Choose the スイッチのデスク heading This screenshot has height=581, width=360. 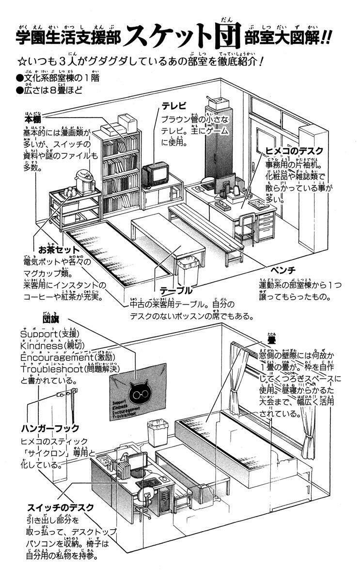coord(60,508)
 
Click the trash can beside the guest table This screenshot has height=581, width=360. coord(188,271)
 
